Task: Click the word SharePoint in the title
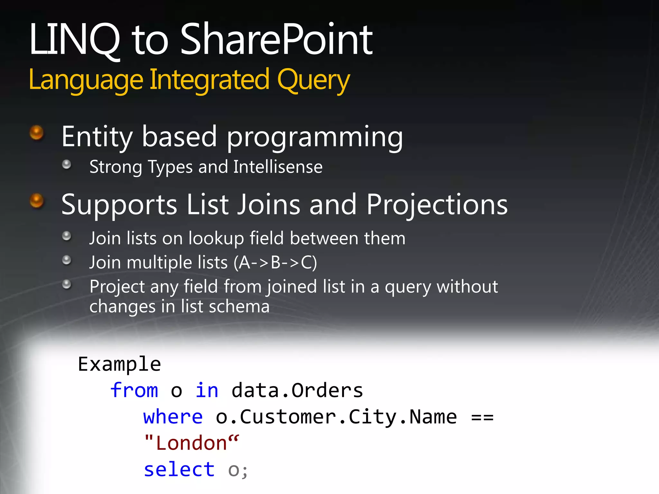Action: click(276, 40)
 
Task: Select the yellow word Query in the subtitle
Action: click(313, 80)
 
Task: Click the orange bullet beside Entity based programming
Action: click(36, 133)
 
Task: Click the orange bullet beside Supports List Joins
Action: click(36, 201)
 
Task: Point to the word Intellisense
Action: click(278, 167)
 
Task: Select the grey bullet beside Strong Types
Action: click(67, 164)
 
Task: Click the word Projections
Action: click(437, 205)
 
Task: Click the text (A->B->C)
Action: click(275, 262)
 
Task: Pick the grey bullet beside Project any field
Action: click(67, 284)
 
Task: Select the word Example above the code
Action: click(119, 364)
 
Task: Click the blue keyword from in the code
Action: click(134, 390)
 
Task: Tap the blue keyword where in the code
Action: click(173, 417)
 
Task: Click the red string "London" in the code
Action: click(192, 443)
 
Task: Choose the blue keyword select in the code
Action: click(179, 470)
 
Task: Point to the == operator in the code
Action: click(482, 417)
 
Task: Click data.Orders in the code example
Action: click(297, 391)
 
